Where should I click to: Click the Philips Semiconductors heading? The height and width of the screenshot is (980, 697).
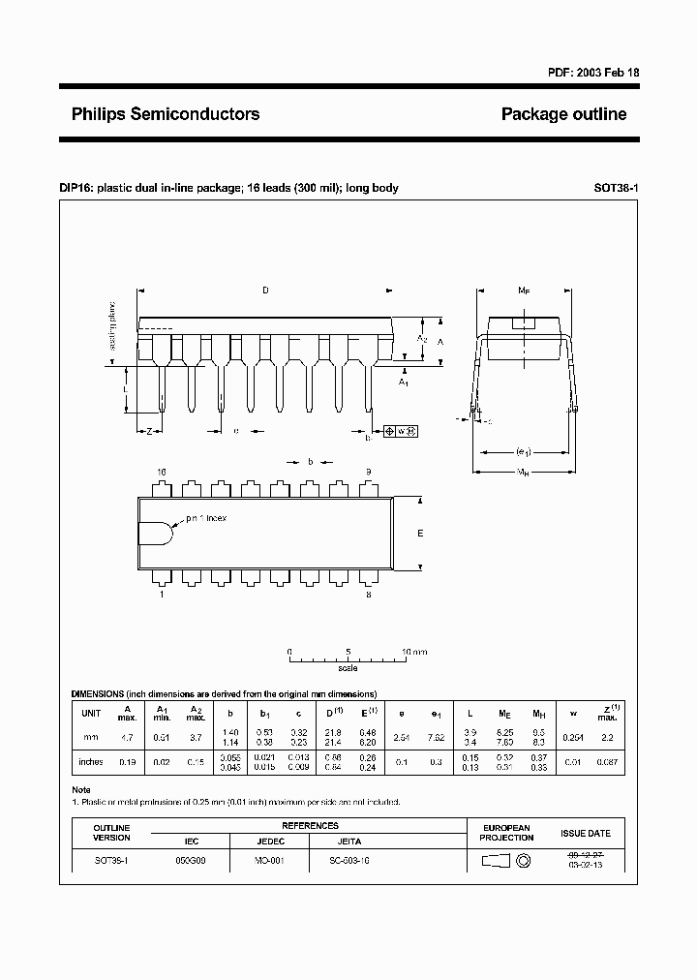166,114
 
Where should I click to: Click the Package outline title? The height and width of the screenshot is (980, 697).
563,114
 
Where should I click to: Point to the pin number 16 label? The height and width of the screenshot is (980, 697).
162,472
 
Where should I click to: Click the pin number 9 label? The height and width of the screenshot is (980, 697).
369,472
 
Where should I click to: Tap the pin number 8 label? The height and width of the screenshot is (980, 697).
369,595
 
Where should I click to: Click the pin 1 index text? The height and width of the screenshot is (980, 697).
206,519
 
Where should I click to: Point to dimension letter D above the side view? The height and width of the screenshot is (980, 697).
265,290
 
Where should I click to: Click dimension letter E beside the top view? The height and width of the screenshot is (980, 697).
420,534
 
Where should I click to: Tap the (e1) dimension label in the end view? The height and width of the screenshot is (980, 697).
524,451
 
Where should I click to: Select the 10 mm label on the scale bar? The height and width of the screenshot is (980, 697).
413,653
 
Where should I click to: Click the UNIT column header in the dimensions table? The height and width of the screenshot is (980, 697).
91,713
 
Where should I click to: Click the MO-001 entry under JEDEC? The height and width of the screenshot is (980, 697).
269,860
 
